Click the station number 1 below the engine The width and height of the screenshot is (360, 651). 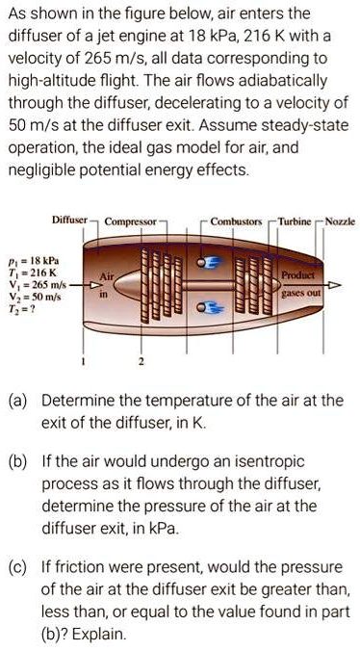pyautogui.click(x=84, y=362)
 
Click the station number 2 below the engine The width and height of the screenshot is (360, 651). pyautogui.click(x=141, y=362)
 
